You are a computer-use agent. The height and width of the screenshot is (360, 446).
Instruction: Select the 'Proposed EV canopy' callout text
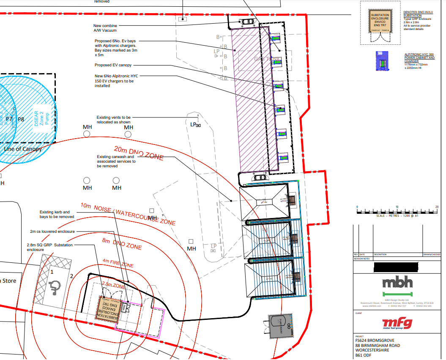[x=113, y=65]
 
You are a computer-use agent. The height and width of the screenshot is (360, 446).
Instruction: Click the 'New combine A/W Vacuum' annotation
[x=105, y=28]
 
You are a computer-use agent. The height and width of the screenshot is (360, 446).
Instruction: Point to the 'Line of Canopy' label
[x=23, y=149]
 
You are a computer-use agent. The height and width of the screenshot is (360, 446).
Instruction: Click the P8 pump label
[x=21, y=119]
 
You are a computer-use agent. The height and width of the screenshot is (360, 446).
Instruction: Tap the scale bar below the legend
[x=397, y=210]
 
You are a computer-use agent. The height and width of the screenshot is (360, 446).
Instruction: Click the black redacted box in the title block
[x=396, y=267]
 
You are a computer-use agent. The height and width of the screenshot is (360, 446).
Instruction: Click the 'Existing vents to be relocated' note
[x=114, y=119]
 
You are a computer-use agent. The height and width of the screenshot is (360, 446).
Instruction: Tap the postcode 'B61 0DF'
[x=365, y=355]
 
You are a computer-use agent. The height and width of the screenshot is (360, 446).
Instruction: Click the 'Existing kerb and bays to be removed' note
[x=57, y=214]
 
